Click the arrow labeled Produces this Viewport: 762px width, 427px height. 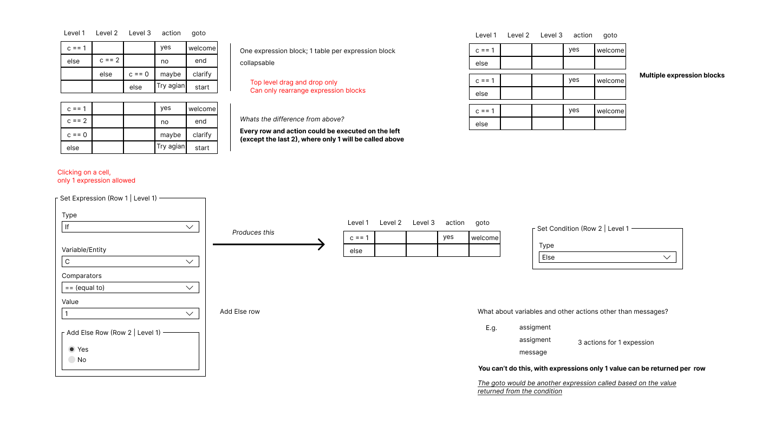(269, 244)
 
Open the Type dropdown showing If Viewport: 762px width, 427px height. (131, 227)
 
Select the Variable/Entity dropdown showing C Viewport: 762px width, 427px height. (131, 262)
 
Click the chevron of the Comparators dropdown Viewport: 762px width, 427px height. (190, 288)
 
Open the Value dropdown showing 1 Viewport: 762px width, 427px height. (131, 314)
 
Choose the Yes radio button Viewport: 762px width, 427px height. (72, 349)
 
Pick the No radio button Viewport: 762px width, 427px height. (72, 360)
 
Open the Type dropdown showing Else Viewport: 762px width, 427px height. (608, 257)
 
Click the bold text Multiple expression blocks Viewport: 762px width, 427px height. (682, 75)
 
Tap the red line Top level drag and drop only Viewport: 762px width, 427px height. (294, 82)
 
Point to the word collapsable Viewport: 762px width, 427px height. (257, 63)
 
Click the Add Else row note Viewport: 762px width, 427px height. (239, 312)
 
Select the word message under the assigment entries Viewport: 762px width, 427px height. (533, 352)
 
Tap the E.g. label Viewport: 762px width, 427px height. (491, 328)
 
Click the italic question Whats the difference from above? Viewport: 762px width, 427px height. (291, 119)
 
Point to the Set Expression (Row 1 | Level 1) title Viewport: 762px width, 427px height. (108, 198)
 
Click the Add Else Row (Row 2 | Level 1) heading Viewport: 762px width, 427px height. (113, 333)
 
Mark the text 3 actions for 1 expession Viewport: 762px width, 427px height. (616, 342)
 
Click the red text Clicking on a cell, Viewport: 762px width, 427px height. (84, 172)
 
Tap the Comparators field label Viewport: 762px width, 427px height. (81, 276)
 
